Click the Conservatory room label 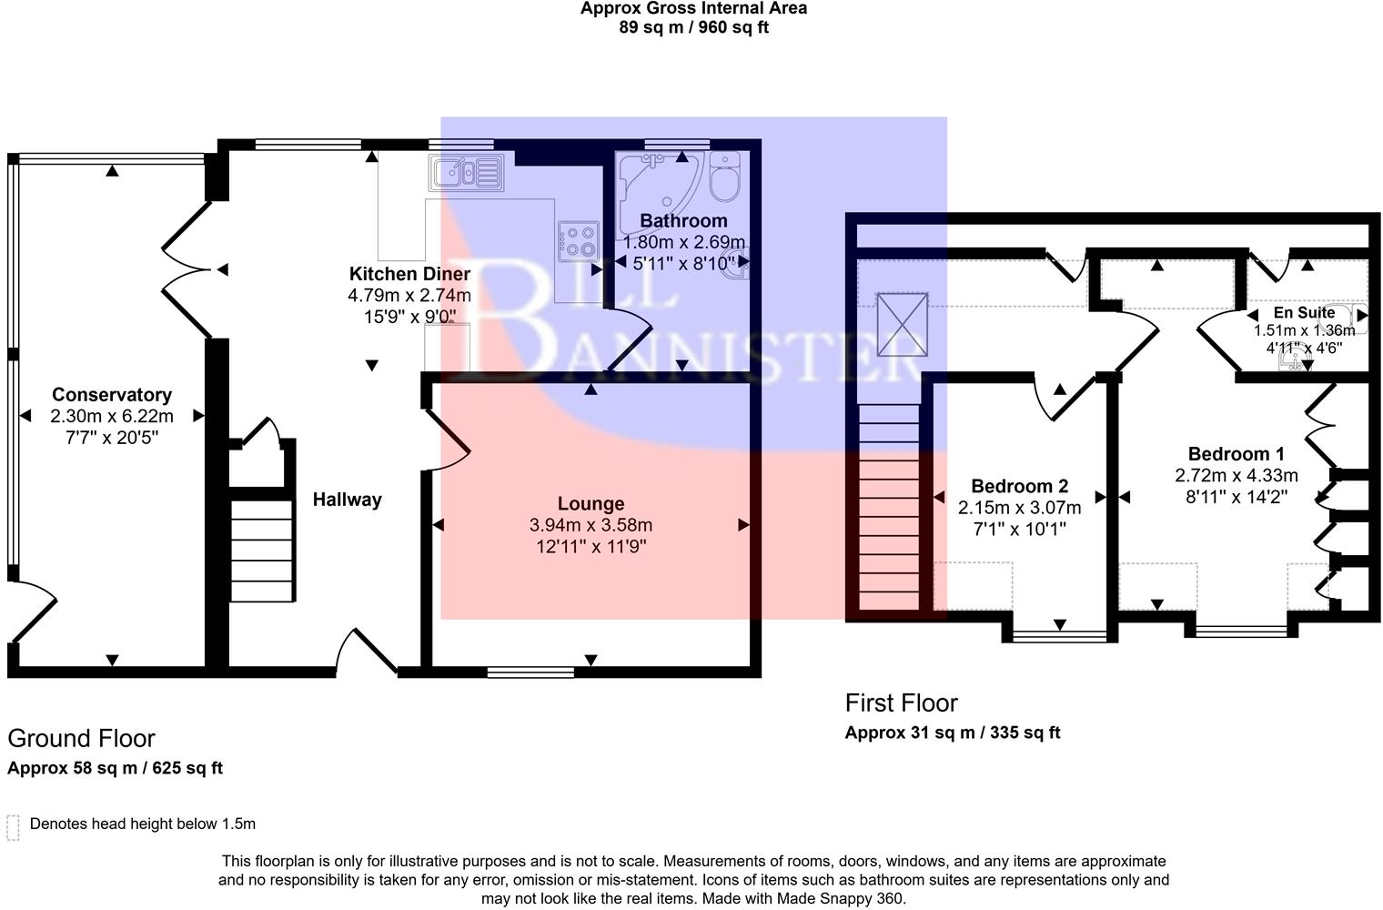tap(112, 395)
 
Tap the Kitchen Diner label tap(409, 274)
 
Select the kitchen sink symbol tap(466, 172)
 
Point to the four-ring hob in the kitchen tap(579, 241)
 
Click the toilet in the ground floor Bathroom tap(724, 176)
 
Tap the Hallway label tap(347, 500)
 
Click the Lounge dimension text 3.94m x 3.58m tap(591, 525)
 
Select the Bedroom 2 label tap(1019, 487)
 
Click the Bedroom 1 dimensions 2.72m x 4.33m tap(1236, 475)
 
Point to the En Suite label tap(1304, 312)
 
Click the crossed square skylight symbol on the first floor tap(902, 325)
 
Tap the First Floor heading tap(901, 703)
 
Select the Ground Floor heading tap(81, 738)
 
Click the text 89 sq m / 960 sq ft tap(694, 28)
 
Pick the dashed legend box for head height tap(13, 828)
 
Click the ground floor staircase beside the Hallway tap(261, 551)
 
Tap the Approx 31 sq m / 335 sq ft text tap(952, 733)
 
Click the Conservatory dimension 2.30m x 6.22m tap(112, 416)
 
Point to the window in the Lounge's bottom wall tap(530, 672)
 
